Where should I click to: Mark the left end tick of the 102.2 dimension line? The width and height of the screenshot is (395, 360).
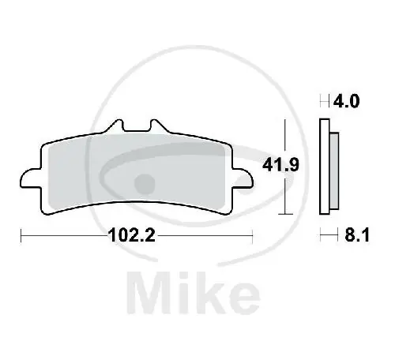(21, 234)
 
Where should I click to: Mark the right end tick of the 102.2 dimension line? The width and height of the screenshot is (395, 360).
(251, 234)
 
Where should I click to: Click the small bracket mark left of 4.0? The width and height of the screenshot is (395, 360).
(323, 101)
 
